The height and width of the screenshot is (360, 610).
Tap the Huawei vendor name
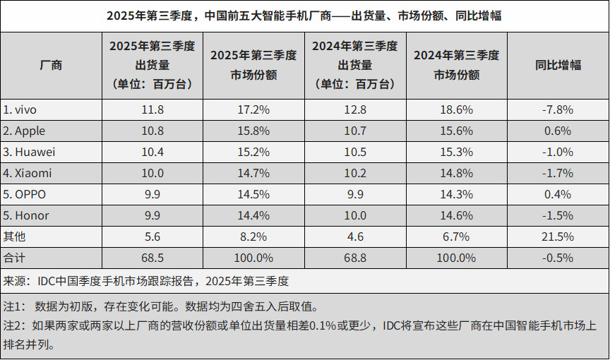tap(30, 152)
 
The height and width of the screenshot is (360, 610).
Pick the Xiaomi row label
tap(28, 173)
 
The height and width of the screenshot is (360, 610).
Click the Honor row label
tap(27, 215)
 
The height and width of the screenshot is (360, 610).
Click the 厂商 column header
tap(51, 65)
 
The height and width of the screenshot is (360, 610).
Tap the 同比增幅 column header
tap(558, 65)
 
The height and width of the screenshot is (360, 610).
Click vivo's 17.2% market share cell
tap(253, 109)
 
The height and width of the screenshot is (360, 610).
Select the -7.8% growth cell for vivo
tap(558, 109)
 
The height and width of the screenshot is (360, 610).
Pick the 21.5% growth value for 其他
tap(558, 236)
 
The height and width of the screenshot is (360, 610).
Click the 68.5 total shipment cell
tap(152, 258)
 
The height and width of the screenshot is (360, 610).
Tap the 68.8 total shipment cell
tap(354, 258)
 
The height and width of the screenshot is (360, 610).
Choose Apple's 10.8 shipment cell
tap(152, 131)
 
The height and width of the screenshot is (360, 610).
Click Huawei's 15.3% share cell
tap(456, 152)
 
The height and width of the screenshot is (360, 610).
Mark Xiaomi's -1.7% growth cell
tap(558, 173)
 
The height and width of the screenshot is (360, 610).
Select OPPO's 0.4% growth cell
tap(558, 194)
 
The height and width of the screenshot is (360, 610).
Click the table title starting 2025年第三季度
tap(304, 15)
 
